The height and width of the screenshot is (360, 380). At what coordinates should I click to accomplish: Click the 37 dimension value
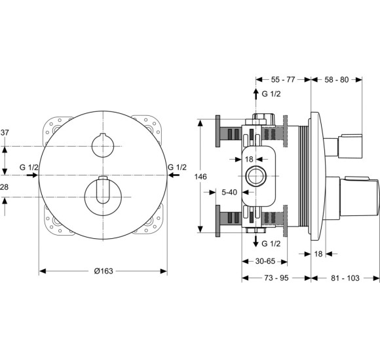tap(5, 133)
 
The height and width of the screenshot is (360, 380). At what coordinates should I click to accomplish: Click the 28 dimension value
tap(5, 188)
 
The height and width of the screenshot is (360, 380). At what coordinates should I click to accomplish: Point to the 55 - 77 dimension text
tap(282, 79)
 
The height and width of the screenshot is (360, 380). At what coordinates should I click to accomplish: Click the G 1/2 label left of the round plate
tap(29, 168)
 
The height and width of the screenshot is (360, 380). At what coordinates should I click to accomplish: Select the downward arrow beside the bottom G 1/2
tap(256, 242)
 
